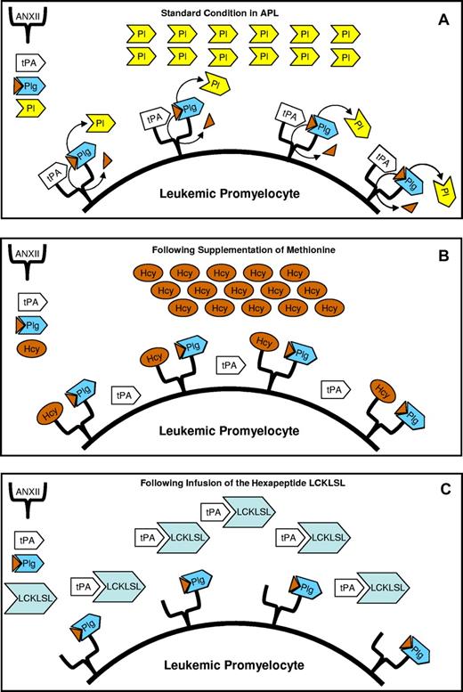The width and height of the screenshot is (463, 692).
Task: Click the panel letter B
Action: point(442,252)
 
